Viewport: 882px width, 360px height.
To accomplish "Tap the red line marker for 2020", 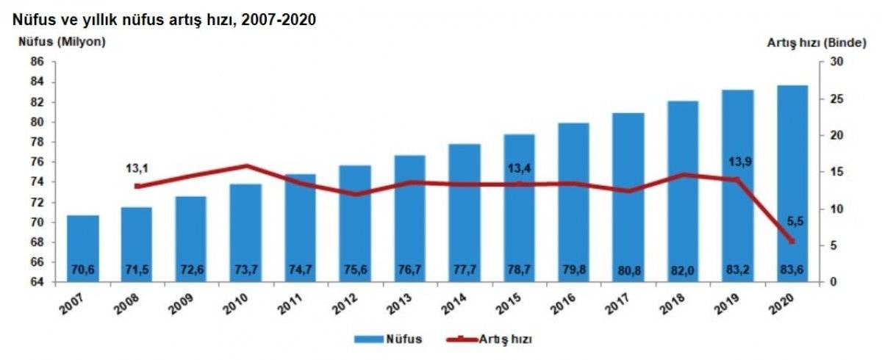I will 792,241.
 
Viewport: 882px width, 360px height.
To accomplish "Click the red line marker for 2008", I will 137,186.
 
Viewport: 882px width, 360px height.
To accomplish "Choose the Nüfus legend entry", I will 390,339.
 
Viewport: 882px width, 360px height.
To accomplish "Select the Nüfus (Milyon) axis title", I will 62,42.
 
